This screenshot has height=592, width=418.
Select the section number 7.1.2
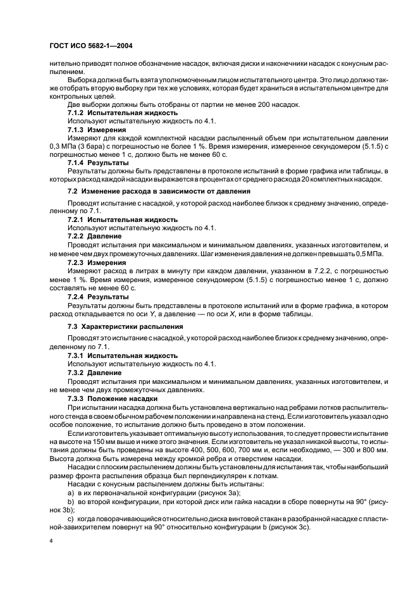tap(77, 112)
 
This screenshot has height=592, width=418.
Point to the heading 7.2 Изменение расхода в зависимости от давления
tap(159, 191)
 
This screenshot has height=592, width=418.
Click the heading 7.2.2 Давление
tap(95, 236)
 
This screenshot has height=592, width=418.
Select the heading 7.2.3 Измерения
tap(98, 262)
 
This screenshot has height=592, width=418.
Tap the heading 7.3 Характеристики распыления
tap(125, 326)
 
